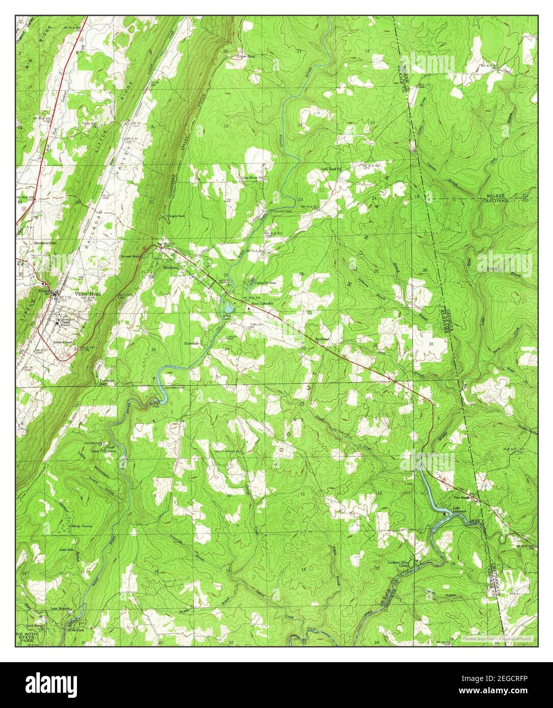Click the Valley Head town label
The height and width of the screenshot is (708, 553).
[88, 294]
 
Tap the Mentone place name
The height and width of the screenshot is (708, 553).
[171, 267]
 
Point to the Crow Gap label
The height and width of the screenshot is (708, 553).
[245, 57]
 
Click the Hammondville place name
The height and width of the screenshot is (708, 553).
[45, 242]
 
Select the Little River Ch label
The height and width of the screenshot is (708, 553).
[252, 178]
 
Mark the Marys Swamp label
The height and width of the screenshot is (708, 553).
[82, 526]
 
